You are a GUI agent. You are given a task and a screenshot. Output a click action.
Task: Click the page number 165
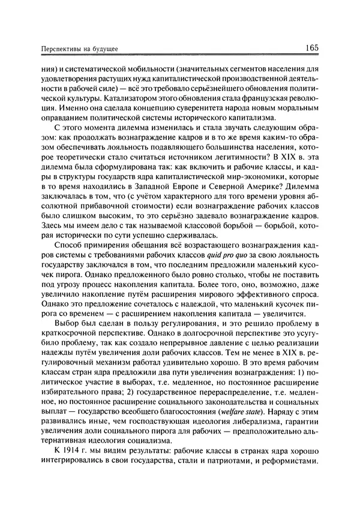pos(315,47)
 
